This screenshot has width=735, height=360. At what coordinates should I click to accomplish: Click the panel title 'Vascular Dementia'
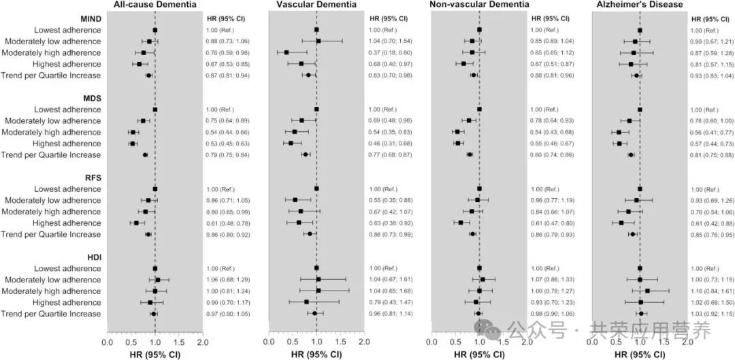point(316,5)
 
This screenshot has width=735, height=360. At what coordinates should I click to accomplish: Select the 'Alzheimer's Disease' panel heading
point(639,5)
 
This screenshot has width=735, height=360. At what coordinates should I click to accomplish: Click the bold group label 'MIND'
point(90,18)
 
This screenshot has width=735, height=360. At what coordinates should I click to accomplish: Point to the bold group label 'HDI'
point(92,257)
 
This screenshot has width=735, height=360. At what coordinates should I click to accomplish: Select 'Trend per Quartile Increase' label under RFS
point(51,234)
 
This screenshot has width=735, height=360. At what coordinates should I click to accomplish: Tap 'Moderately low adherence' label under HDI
point(52,280)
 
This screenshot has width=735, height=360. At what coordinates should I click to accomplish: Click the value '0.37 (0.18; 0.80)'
point(393,52)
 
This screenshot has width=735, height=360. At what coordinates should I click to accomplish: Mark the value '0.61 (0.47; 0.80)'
point(554,223)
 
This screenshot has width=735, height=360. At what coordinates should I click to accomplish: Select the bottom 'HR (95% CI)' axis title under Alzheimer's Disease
point(639,354)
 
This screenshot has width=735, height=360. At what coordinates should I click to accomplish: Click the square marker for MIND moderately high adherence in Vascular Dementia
point(287,52)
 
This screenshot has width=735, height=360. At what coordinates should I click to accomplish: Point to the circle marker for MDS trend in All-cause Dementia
point(145,154)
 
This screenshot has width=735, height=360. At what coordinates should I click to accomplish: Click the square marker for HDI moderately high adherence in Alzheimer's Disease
point(647,291)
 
